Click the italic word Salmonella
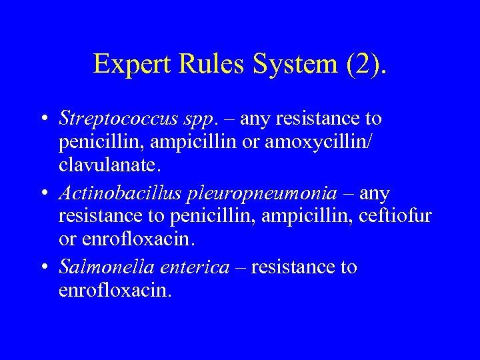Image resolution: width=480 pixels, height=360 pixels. click(x=104, y=267)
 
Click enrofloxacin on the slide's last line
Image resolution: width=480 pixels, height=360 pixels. click(x=115, y=291)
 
